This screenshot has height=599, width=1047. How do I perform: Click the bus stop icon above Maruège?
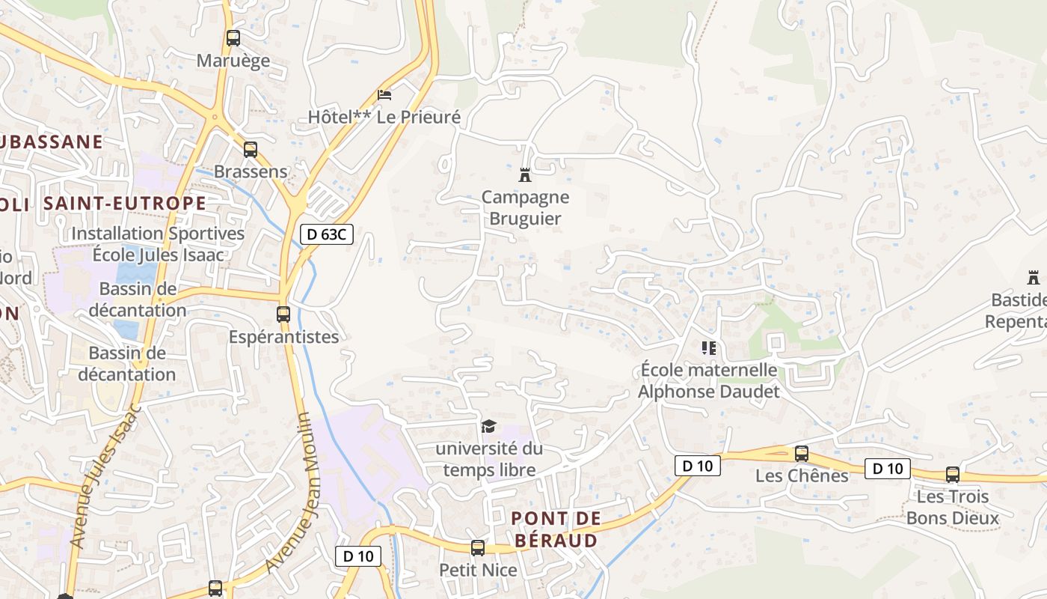click(233, 37)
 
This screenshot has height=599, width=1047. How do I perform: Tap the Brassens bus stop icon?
click(251, 150)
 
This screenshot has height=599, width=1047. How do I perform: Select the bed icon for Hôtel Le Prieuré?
click(384, 95)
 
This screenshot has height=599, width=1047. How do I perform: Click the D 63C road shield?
click(326, 234)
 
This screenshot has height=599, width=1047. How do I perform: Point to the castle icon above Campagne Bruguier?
click(525, 175)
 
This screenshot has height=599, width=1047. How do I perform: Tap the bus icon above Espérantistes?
click(283, 314)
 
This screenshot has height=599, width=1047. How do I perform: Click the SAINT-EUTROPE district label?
click(124, 203)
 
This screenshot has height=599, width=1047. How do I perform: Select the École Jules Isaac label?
click(158, 255)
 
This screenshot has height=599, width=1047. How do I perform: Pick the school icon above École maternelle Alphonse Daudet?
click(708, 347)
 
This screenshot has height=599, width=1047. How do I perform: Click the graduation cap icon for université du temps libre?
click(489, 427)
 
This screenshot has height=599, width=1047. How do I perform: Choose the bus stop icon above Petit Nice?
click(478, 548)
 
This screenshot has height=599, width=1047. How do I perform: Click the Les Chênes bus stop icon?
click(802, 454)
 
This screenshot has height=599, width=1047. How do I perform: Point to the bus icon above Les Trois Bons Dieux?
click(953, 475)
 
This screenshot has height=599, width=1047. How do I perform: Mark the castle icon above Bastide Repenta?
click(1034, 278)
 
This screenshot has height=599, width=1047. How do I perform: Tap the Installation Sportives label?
click(158, 234)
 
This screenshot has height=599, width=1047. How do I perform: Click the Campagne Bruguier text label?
click(525, 208)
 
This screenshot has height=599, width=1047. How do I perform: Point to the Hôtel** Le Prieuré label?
click(384, 118)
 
